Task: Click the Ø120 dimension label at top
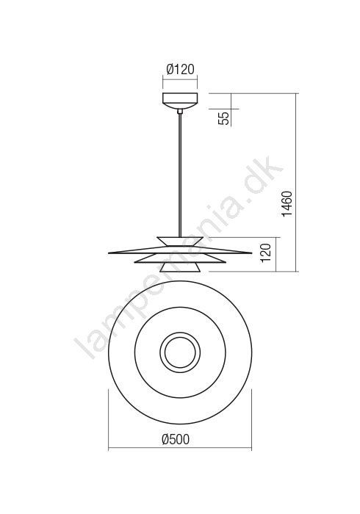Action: tap(180, 69)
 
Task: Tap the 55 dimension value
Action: tap(225, 118)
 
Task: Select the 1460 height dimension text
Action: tap(287, 203)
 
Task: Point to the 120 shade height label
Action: tap(267, 253)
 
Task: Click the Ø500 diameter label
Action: tap(176, 439)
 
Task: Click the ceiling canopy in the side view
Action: tap(180, 101)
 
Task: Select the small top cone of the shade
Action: tap(180, 242)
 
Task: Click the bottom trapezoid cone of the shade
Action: tap(180, 267)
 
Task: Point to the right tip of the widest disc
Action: tap(251, 253)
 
